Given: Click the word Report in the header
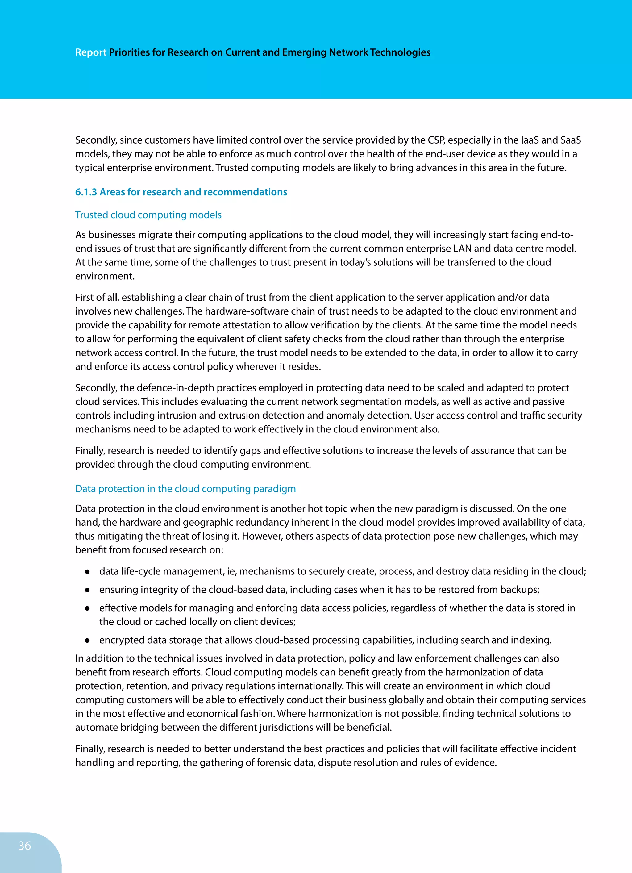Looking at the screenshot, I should point(90,52).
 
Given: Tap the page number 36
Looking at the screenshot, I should point(25,846).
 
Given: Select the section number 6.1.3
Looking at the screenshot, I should point(86,192).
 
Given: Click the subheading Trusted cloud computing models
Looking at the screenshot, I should point(148,215).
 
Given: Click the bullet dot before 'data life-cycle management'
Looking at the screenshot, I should point(87,572).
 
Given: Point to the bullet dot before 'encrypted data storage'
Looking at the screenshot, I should point(87,641).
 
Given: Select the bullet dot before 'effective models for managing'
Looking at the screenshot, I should point(87,608).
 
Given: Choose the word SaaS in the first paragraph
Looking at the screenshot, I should point(570,140).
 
